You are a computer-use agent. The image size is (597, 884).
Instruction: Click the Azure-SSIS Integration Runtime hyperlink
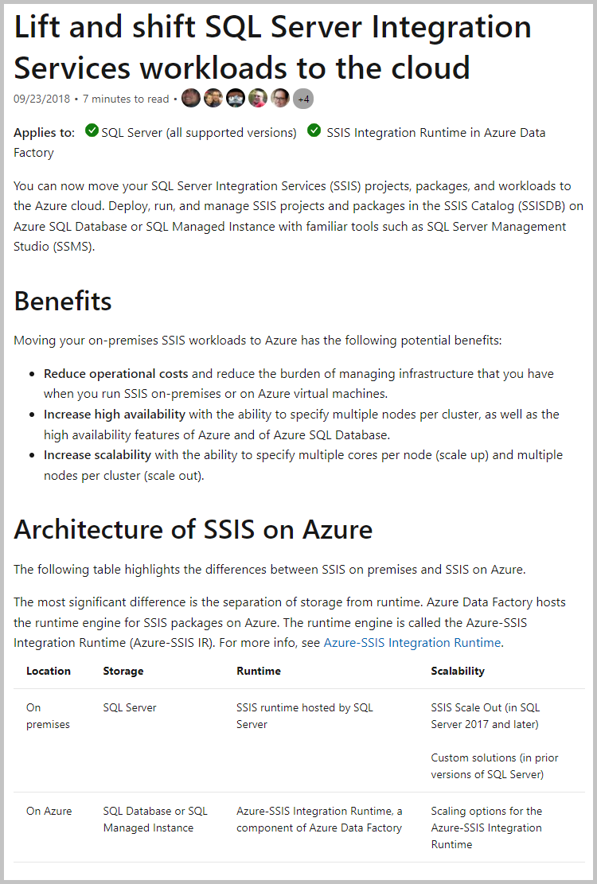pyautogui.click(x=412, y=642)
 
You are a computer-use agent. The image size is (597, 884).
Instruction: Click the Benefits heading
pyautogui.click(x=63, y=302)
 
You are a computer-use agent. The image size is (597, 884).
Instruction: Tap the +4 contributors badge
pyautogui.click(x=302, y=99)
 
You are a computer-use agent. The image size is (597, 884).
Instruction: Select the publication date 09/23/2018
pyautogui.click(x=41, y=99)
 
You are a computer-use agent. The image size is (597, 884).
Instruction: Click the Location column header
pyautogui.click(x=49, y=671)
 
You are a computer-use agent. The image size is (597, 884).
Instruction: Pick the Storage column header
pyautogui.click(x=123, y=671)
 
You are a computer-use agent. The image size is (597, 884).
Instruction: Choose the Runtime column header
pyautogui.click(x=259, y=671)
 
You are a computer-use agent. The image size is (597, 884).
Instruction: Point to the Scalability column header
pyautogui.click(x=458, y=671)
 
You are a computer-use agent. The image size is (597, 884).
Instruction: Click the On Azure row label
pyautogui.click(x=49, y=811)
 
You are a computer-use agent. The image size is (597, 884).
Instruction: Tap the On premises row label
pyautogui.click(x=48, y=715)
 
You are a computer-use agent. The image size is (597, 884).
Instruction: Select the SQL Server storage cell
pyautogui.click(x=130, y=707)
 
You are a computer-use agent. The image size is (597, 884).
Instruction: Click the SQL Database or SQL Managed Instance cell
pyautogui.click(x=155, y=819)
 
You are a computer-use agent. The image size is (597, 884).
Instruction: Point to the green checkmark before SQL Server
pyautogui.click(x=92, y=130)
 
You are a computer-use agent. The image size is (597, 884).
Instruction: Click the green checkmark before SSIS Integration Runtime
pyautogui.click(x=314, y=130)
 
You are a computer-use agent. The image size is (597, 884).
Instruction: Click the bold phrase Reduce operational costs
pyautogui.click(x=116, y=373)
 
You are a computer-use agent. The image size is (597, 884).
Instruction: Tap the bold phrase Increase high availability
pyautogui.click(x=115, y=414)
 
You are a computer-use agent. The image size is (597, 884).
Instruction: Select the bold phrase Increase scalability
pyautogui.click(x=97, y=454)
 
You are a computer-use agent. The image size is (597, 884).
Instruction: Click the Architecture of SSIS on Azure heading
pyautogui.click(x=193, y=529)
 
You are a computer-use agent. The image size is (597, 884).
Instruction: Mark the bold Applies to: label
pyautogui.click(x=45, y=132)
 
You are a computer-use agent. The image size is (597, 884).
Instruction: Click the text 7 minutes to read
pyautogui.click(x=126, y=99)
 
